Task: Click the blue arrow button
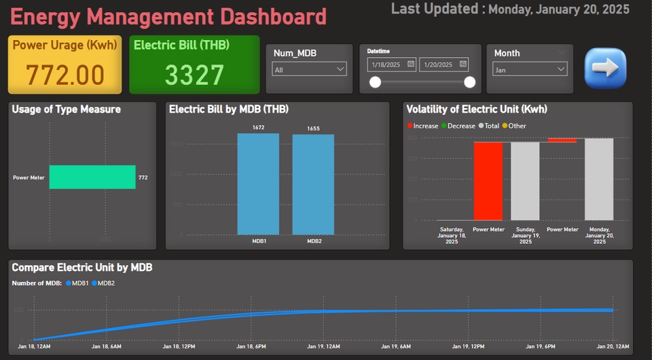pyautogui.click(x=605, y=68)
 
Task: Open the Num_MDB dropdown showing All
pyautogui.click(x=309, y=69)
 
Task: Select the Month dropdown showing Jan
pyautogui.click(x=529, y=69)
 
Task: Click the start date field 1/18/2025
pyautogui.click(x=391, y=65)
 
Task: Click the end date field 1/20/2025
pyautogui.click(x=443, y=65)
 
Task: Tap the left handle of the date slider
pyautogui.click(x=374, y=82)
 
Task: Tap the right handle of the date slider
pyautogui.click(x=469, y=82)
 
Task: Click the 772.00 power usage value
pyautogui.click(x=65, y=75)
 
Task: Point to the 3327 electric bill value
pyautogui.click(x=194, y=75)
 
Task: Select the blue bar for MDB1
pyautogui.click(x=258, y=183)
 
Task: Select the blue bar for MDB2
pyautogui.click(x=313, y=184)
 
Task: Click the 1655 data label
pyautogui.click(x=313, y=128)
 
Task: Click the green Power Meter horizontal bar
pyautogui.click(x=92, y=177)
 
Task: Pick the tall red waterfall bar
pyautogui.click(x=488, y=181)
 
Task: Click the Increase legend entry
pyautogui.click(x=422, y=126)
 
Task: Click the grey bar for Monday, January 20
pyautogui.click(x=599, y=179)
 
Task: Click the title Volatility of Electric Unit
pyautogui.click(x=476, y=109)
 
